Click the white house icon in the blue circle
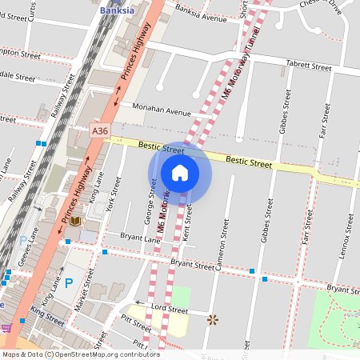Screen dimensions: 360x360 coord(180,172)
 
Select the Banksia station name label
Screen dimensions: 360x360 coord(118,10)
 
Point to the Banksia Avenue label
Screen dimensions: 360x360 coord(201,15)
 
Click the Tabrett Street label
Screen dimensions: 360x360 coord(308,67)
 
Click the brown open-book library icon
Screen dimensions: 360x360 coord(74,220)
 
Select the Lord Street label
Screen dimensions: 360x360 coord(169,310)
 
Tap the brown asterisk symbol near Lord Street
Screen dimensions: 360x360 coord(212,319)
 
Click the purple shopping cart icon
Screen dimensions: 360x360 coord(6,327)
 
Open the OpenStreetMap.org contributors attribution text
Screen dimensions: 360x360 coord(104,354)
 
